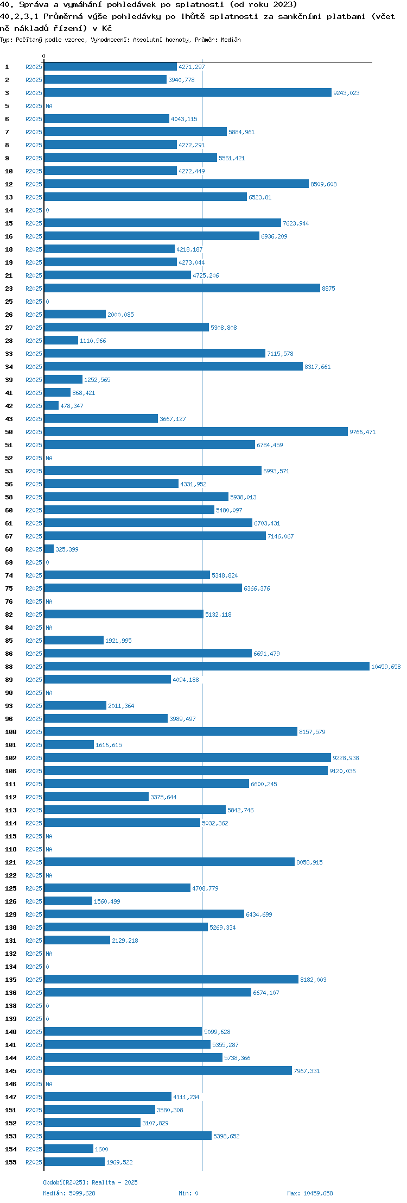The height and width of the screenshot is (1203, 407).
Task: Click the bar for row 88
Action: point(207,667)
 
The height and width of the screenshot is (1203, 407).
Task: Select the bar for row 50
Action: point(196,432)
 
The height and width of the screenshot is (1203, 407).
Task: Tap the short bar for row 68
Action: point(49,549)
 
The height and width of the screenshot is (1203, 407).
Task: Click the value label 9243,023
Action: point(346,93)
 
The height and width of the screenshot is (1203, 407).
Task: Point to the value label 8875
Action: point(328,289)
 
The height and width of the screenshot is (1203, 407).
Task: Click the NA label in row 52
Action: point(49,458)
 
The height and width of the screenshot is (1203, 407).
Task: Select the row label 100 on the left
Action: point(11,732)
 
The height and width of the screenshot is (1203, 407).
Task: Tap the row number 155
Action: point(11,1162)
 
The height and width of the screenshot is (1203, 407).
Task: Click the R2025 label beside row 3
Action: point(34,93)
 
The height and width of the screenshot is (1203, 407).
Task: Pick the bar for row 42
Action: point(51,406)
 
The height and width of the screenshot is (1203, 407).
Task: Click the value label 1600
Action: point(101,1149)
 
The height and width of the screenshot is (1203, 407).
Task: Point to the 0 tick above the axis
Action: point(44,56)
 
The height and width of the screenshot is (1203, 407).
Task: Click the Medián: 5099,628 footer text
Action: point(69,1193)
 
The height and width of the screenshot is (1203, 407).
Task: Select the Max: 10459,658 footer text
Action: point(310,1193)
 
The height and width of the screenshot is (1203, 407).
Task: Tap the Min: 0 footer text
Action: point(188,1193)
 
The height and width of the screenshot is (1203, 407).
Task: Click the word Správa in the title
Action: point(34,5)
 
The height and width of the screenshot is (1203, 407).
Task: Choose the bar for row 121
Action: point(169,862)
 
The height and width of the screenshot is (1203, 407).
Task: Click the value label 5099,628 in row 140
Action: point(217,1032)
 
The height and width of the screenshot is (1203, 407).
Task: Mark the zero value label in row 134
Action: point(47,967)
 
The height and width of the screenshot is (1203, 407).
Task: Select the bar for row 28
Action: point(61,341)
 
